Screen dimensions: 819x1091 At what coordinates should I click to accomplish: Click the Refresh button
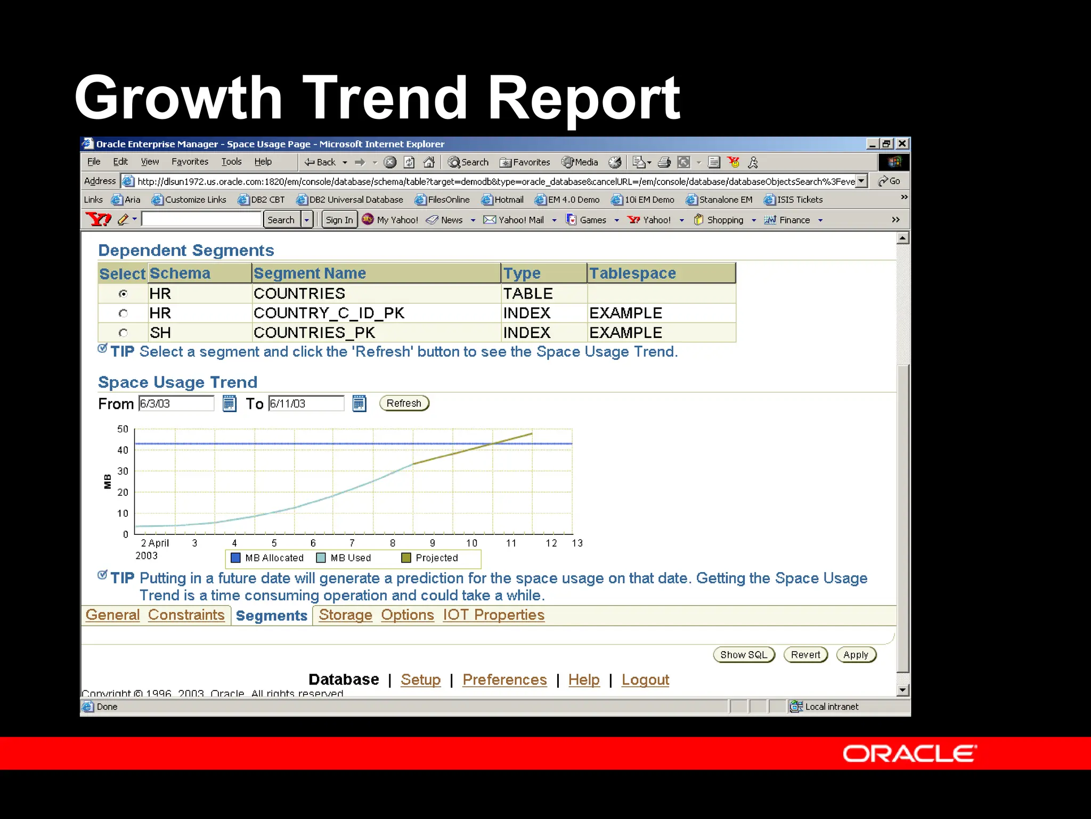pyautogui.click(x=404, y=403)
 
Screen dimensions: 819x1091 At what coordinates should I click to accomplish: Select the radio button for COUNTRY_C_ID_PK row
pyautogui.click(x=123, y=313)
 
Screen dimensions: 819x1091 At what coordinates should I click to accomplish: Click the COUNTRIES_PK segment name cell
pyautogui.click(x=314, y=333)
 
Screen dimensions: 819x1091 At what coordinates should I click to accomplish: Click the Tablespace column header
pyautogui.click(x=632, y=273)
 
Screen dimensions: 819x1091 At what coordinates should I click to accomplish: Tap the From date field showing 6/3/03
pyautogui.click(x=176, y=404)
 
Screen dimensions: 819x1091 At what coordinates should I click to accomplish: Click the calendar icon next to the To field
pyautogui.click(x=360, y=404)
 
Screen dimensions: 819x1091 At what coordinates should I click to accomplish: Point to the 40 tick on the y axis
pyautogui.click(x=123, y=450)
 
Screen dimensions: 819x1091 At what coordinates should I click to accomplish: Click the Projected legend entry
pyautogui.click(x=430, y=558)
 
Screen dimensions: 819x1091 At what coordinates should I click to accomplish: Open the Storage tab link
pyautogui.click(x=345, y=615)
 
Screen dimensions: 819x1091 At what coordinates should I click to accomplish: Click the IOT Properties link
pyautogui.click(x=493, y=615)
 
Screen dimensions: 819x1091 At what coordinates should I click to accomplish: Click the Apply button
pyautogui.click(x=856, y=655)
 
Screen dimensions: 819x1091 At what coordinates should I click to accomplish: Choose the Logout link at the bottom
pyautogui.click(x=645, y=679)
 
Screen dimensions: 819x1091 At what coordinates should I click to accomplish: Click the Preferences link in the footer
pyautogui.click(x=504, y=679)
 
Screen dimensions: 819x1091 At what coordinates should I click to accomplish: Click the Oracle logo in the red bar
pyautogui.click(x=909, y=754)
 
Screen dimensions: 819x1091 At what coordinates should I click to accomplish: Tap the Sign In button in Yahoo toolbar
pyautogui.click(x=339, y=220)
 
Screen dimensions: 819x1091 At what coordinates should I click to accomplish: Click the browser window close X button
pyautogui.click(x=902, y=143)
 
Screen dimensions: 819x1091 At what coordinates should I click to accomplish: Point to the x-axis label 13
pyautogui.click(x=577, y=543)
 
